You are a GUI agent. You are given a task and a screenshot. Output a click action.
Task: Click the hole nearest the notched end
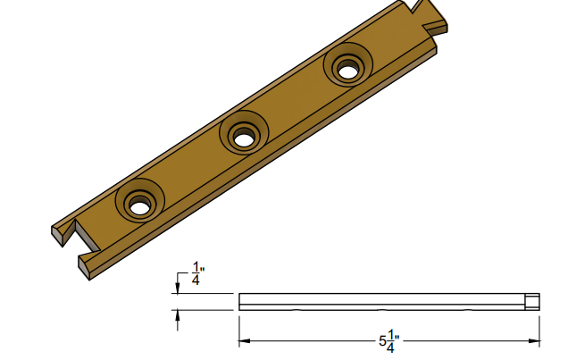[139, 205]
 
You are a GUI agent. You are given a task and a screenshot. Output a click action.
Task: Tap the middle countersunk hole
[242, 137]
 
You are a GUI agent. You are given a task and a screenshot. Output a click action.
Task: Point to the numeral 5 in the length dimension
[381, 342]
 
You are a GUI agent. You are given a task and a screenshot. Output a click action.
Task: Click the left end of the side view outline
[238, 301]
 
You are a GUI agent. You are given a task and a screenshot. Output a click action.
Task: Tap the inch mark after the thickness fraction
[204, 266]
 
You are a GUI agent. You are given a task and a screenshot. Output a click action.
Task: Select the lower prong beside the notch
[89, 263]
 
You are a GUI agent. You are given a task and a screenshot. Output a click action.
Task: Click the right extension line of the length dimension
[541, 326]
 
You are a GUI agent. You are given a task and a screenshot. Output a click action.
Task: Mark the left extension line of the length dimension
[238, 326]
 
